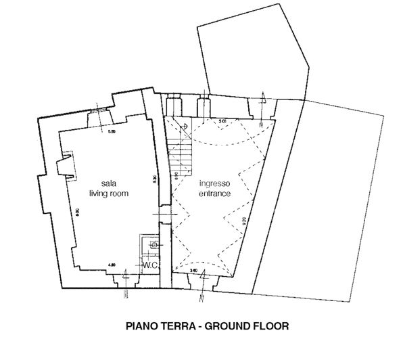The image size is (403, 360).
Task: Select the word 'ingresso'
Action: [214, 184]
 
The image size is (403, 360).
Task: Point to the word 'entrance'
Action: [214, 194]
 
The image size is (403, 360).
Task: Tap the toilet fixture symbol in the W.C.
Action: [153, 244]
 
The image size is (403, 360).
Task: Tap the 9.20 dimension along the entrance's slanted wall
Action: [241, 221]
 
